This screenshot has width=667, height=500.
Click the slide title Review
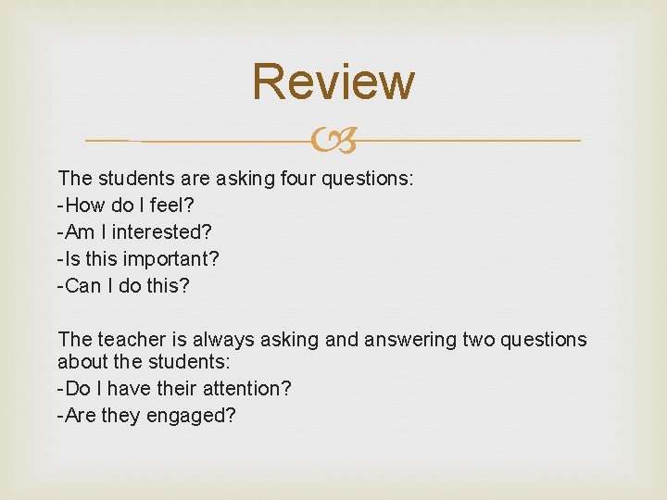click(333, 81)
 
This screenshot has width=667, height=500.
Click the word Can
click(84, 286)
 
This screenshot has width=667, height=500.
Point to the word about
click(83, 361)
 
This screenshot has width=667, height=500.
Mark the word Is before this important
click(72, 259)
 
